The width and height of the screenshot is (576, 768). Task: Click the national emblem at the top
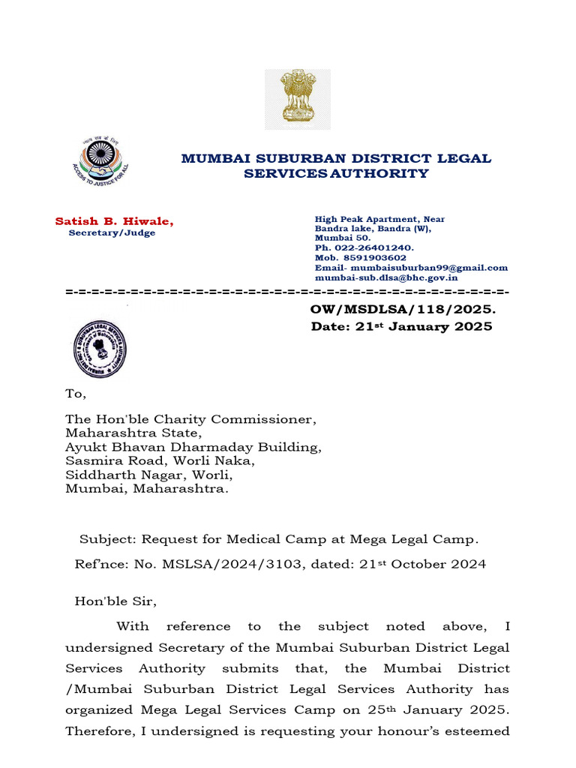tap(297, 99)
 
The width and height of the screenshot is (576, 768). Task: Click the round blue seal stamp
tap(100, 349)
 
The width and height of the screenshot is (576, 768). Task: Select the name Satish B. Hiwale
tap(114, 221)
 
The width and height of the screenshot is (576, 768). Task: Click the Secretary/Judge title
tap(112, 233)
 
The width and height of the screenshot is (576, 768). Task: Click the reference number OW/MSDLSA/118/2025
tap(403, 309)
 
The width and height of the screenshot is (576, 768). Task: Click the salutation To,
tap(76, 394)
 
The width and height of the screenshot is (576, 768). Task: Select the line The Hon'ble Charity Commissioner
tap(191, 419)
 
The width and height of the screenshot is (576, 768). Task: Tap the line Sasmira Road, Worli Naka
tap(160, 461)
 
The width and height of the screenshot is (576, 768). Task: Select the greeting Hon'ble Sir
tap(117, 601)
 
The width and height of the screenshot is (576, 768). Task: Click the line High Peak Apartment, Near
tap(379, 219)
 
